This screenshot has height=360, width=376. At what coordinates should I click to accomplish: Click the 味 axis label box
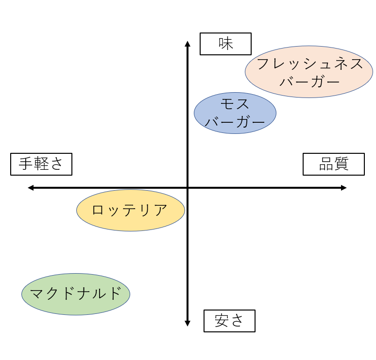coord(226,44)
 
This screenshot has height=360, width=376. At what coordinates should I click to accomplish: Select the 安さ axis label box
coord(229,321)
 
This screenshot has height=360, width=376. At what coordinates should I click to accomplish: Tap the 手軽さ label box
coord(41,164)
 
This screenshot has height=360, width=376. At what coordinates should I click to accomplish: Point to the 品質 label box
coord(334,164)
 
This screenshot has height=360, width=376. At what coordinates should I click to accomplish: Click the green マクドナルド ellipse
coord(76,294)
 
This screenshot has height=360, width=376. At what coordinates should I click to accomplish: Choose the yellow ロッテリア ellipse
coord(131,211)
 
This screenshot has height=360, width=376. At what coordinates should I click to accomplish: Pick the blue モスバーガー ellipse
coord(235,113)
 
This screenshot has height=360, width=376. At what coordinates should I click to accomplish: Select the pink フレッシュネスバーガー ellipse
coord(309,72)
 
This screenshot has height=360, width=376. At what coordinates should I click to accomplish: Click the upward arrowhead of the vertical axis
coord(188,44)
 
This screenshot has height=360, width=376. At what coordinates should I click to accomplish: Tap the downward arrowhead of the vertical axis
coord(188,323)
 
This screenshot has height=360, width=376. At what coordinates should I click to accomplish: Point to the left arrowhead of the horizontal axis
coord(31,188)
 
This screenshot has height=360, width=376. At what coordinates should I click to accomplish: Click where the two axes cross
coord(188,188)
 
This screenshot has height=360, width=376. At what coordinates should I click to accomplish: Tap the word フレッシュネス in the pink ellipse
coord(309,64)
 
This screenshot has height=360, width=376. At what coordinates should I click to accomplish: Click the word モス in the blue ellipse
coord(235,104)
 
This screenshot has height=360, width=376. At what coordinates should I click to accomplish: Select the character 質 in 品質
coord(342,164)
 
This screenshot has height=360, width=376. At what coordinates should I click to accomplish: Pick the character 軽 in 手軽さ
coord(41,164)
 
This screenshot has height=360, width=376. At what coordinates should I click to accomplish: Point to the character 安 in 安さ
coord(222,321)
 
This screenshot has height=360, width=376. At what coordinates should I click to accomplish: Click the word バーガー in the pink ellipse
coord(309,82)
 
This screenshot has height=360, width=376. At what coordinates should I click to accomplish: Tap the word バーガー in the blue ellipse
coord(235,122)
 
